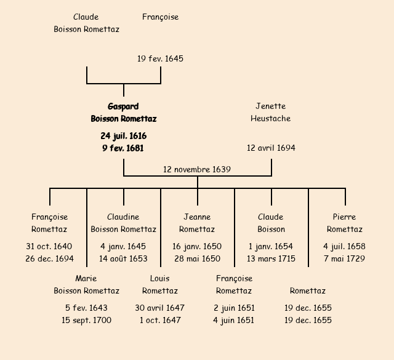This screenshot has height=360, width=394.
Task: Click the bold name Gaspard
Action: [123, 106]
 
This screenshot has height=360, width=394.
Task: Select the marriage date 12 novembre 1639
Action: [197, 169]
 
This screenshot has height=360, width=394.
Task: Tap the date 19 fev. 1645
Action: [160, 59]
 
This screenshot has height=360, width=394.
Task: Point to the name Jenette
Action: [271, 106]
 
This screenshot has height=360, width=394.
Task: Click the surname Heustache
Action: [271, 118]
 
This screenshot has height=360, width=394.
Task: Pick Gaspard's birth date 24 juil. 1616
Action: [123, 135]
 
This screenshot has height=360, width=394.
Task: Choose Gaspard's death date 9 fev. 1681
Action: [123, 148]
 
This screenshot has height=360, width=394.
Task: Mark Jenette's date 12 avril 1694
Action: [271, 148]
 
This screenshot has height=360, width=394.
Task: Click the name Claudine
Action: [123, 217]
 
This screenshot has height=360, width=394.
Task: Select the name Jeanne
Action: [197, 217]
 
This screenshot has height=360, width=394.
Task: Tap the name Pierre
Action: [345, 217]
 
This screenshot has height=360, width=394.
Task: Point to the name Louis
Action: [160, 278]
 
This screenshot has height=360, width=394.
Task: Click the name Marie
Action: [86, 278]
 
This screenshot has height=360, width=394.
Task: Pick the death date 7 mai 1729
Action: [345, 258]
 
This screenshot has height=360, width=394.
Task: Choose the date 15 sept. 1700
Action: [86, 320]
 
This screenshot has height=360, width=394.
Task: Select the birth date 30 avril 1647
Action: [160, 308]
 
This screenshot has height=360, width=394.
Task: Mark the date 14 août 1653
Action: [123, 258]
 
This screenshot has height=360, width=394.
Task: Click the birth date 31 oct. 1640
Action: [49, 246]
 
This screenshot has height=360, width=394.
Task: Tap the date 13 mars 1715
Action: [271, 258]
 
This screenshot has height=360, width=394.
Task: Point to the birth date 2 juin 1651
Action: [234, 308]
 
